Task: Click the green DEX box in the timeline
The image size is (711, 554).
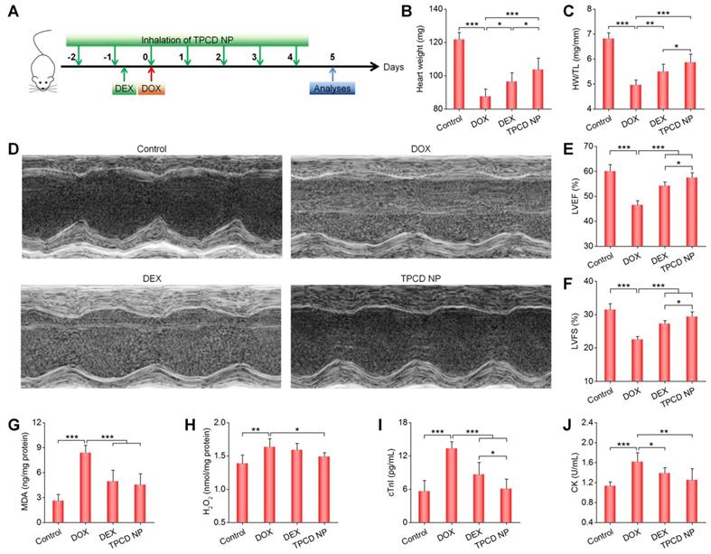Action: [x=124, y=88]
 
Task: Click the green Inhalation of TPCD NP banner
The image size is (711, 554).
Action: [x=187, y=40]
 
